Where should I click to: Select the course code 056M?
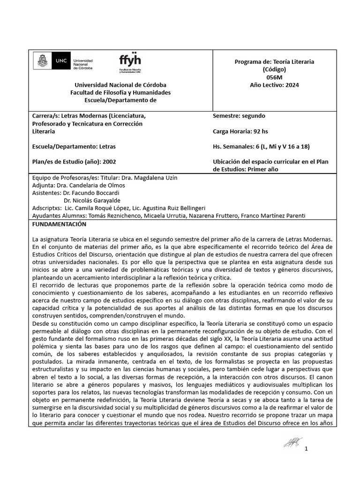coord(274,77)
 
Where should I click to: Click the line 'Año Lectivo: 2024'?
coord(274,85)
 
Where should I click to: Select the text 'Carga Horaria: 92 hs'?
coord(240,131)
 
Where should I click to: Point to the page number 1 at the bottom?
coord(306,449)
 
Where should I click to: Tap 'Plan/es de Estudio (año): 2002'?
coord(74,162)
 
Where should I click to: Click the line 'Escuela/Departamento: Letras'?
coord(74,147)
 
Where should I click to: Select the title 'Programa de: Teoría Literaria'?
coord(274,62)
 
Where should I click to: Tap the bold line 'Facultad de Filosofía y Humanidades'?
coord(120,92)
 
